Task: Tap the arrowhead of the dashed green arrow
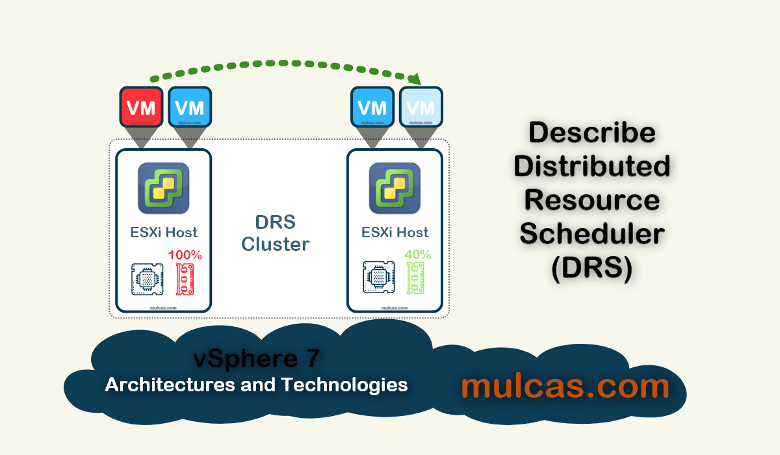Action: tap(414, 80)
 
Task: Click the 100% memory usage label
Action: tap(185, 255)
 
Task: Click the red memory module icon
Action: tap(188, 278)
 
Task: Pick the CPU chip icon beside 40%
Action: tap(378, 278)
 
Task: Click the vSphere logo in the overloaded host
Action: tap(163, 188)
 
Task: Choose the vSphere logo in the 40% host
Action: tap(395, 188)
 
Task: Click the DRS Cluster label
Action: tap(276, 233)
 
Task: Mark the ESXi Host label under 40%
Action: tap(395, 232)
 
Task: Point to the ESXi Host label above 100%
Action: tap(164, 232)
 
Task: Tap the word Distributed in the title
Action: tap(592, 166)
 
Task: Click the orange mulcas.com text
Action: tap(565, 386)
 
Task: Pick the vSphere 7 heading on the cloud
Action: tap(256, 358)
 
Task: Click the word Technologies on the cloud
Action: tap(344, 384)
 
